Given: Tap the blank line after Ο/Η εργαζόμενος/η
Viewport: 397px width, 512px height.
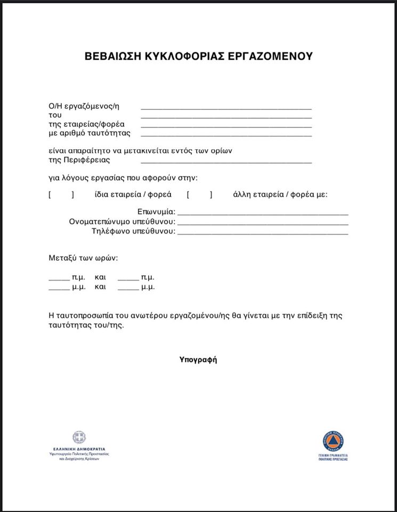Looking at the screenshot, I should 226,107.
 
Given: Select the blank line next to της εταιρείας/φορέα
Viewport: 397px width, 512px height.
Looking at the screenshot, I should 226,126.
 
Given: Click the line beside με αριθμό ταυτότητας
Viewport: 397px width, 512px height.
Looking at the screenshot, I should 226,135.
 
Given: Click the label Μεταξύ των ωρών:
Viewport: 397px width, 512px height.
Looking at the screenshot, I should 83,258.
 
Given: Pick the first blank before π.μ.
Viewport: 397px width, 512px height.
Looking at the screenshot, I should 59,279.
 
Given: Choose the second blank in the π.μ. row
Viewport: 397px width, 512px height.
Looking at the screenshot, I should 128,279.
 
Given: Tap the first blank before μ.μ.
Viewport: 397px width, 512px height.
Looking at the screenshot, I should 59,289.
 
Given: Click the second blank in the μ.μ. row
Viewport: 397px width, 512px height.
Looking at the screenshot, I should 128,289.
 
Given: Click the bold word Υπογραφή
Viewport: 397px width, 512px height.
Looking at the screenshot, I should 198,359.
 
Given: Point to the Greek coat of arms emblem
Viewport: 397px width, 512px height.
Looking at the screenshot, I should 79,438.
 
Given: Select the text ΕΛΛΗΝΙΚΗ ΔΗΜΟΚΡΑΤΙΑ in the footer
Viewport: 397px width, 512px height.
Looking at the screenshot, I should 79,449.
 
